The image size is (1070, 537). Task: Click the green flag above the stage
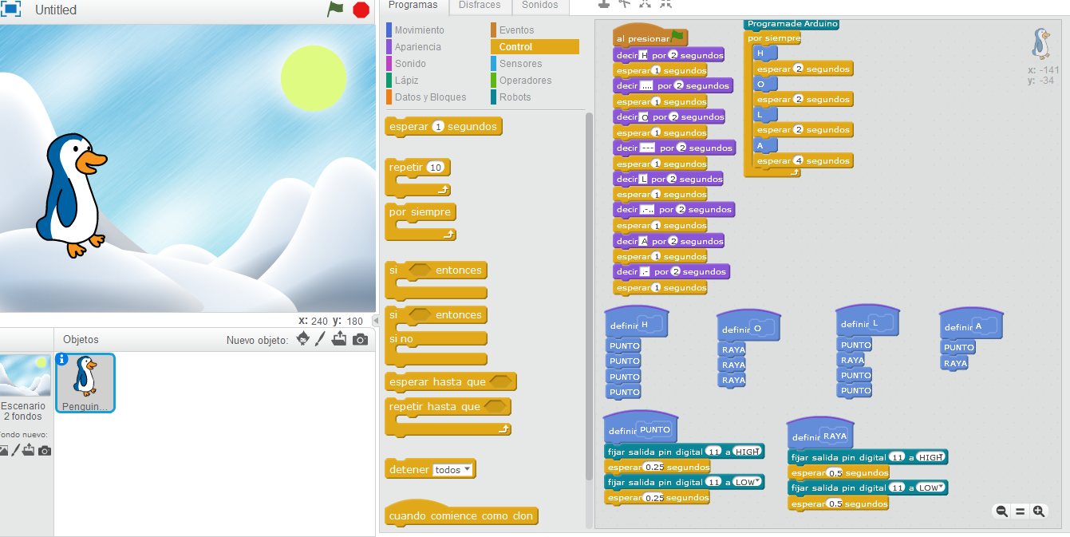point(335,10)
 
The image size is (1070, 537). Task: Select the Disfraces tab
point(480,6)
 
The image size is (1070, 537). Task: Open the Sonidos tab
point(540,6)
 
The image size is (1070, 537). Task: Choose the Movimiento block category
point(419,30)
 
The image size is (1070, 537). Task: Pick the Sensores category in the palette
point(520,64)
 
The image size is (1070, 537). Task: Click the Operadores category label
point(525,81)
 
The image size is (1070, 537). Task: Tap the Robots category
point(515,97)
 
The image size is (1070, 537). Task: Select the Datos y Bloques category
point(430,97)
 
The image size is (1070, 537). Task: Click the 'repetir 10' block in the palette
point(407,168)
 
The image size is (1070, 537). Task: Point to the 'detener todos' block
point(409,470)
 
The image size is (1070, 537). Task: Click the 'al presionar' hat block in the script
point(643,38)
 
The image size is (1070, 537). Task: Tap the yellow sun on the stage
point(314,78)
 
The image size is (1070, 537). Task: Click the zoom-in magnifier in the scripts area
point(1038,511)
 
